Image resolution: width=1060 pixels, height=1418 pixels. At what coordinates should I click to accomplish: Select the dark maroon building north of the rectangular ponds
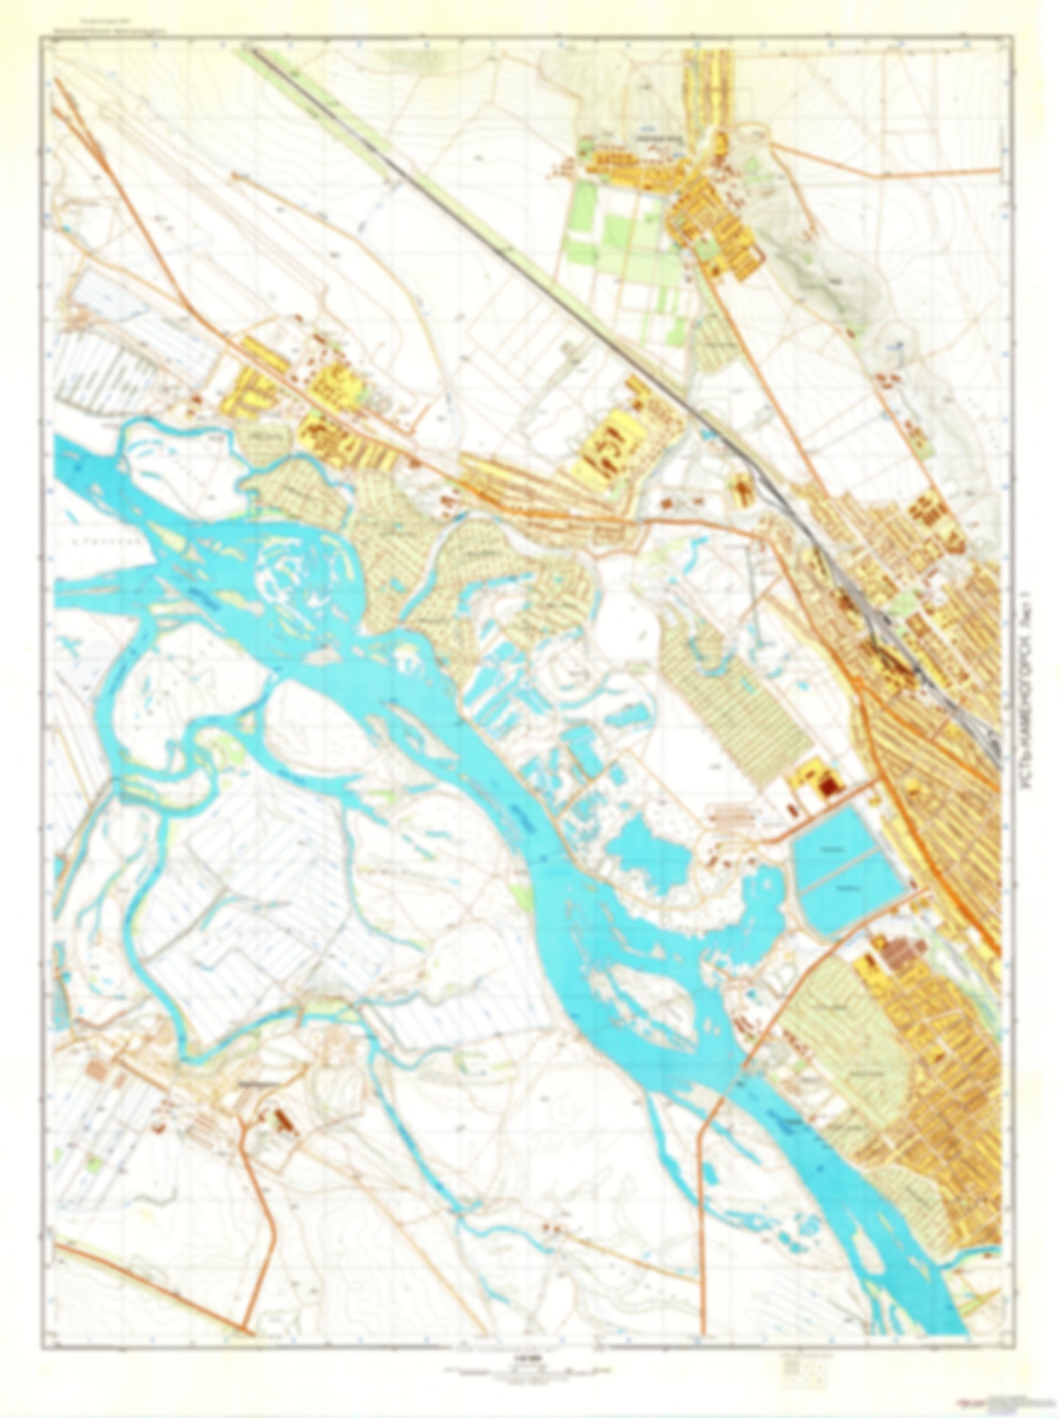827,787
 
